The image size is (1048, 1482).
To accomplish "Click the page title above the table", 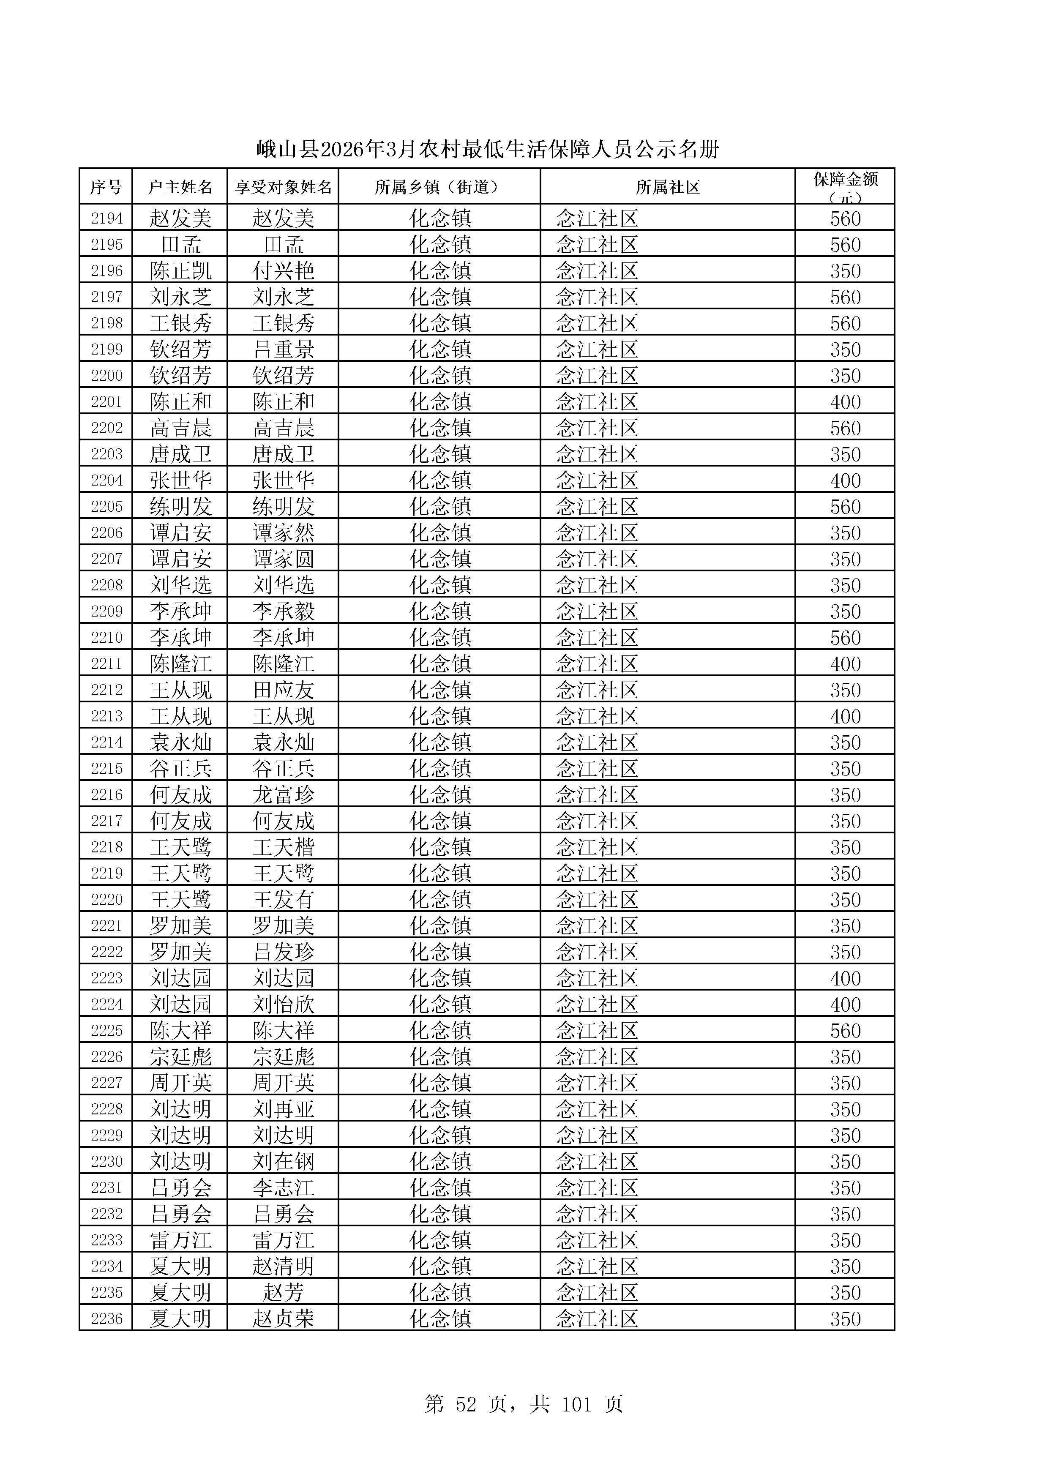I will [487, 150].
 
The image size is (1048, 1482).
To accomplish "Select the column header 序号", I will [106, 187].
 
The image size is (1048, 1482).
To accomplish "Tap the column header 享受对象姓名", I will [283, 187].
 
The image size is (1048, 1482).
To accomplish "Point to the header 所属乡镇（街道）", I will [439, 187].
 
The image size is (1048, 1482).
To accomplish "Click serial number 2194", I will [106, 218].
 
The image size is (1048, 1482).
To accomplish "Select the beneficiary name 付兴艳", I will [283, 270].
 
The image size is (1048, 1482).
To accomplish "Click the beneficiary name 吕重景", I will [283, 349].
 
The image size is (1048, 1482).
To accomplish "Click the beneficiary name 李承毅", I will [283, 611].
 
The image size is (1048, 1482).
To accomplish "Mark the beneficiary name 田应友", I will [283, 690].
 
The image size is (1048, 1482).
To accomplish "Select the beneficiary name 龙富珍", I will [283, 794].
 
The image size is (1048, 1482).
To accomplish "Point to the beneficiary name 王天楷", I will [283, 847].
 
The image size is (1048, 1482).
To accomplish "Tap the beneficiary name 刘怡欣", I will [283, 1004].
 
